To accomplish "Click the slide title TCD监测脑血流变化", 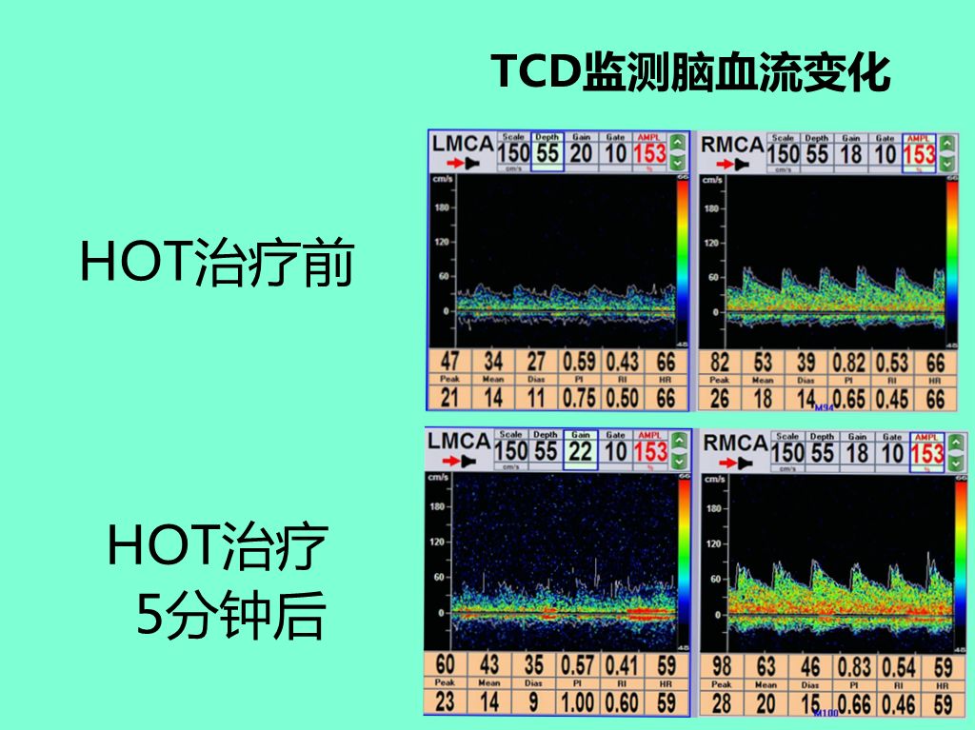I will pos(691,73).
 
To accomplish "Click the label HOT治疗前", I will pos(217,263).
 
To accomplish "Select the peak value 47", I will pos(449,362).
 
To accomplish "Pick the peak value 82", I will pos(720,362).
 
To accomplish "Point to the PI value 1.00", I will pos(579,702).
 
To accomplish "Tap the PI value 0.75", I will pos(579,397).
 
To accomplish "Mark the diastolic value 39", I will pos(806,362).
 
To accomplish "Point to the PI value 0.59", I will pos(579,362).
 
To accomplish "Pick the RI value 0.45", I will pos(892,397).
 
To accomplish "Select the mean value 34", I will pos(493,362).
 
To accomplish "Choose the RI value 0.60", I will pos(623,702).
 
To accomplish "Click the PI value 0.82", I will pos(849,362).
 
